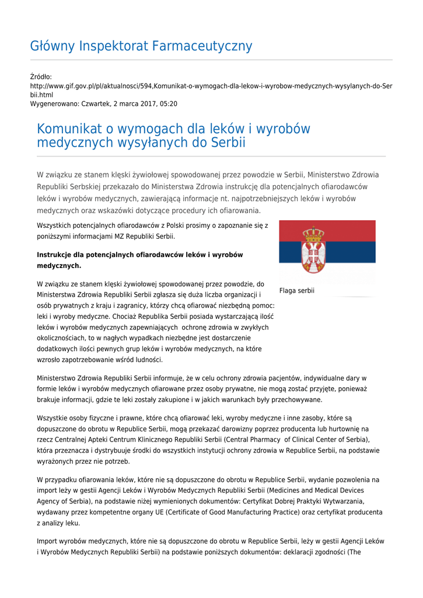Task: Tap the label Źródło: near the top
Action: [x=41, y=77]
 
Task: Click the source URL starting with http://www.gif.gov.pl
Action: [x=211, y=86]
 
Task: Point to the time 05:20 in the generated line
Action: [x=169, y=104]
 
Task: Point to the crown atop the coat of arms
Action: [x=314, y=234]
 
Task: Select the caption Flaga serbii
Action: [x=296, y=290]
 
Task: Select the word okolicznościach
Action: [x=62, y=338]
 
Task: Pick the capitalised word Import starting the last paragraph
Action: [x=47, y=541]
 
